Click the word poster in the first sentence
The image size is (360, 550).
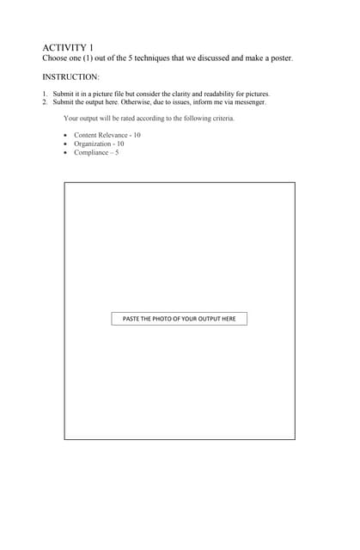point(280,58)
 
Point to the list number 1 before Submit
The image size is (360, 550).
point(44,94)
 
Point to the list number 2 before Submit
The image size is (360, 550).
point(44,101)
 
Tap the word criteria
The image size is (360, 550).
point(221,118)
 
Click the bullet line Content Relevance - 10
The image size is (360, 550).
point(107,136)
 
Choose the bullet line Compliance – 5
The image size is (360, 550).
point(96,152)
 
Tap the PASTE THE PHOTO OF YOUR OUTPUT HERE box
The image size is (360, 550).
point(179,319)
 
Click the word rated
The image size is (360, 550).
point(129,118)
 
